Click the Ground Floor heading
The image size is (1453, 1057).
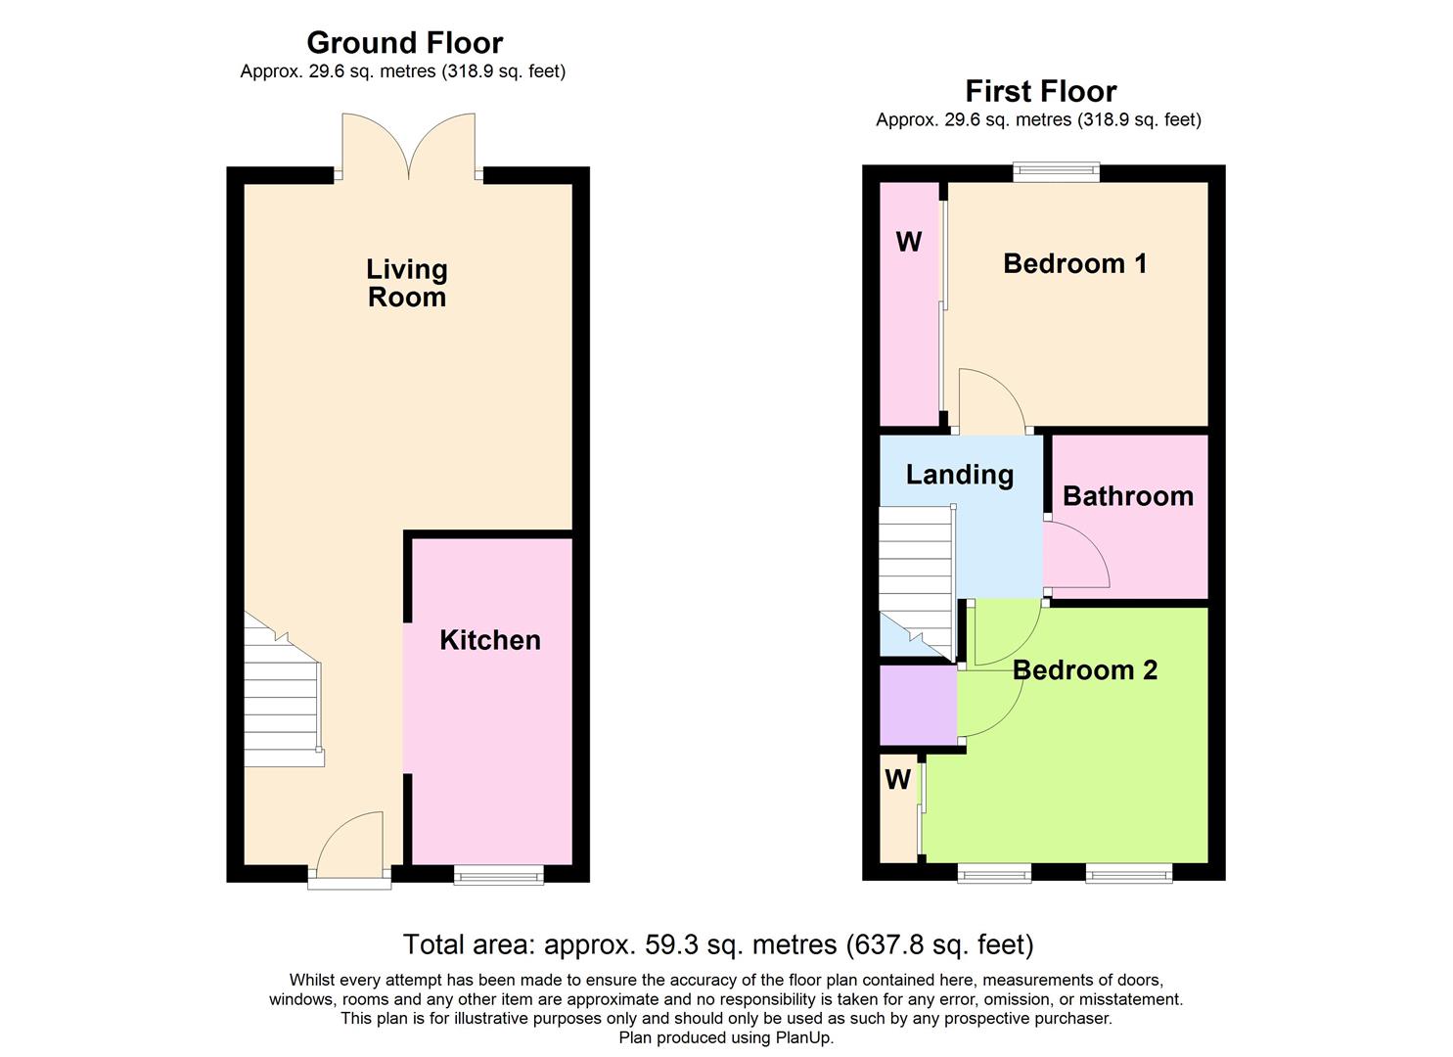coord(404,42)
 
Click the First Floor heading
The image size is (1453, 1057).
coord(1040,91)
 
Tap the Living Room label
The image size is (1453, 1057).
coord(406,283)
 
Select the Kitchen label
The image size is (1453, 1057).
coord(489,640)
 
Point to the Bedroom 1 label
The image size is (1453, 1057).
coord(1074,263)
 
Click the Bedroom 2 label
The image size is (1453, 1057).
coord(1084,670)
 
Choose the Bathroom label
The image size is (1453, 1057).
coord(1127,496)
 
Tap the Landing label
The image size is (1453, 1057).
coord(959,475)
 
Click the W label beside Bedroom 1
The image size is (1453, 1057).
coord(908,242)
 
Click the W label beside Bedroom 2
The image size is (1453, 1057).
coord(897,780)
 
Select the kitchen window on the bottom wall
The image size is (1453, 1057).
coord(498,874)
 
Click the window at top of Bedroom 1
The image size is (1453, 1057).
coord(1056,172)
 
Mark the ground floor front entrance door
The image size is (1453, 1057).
coord(350,850)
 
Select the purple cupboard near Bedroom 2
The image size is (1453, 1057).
coord(918,705)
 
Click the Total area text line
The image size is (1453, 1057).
coord(717,944)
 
